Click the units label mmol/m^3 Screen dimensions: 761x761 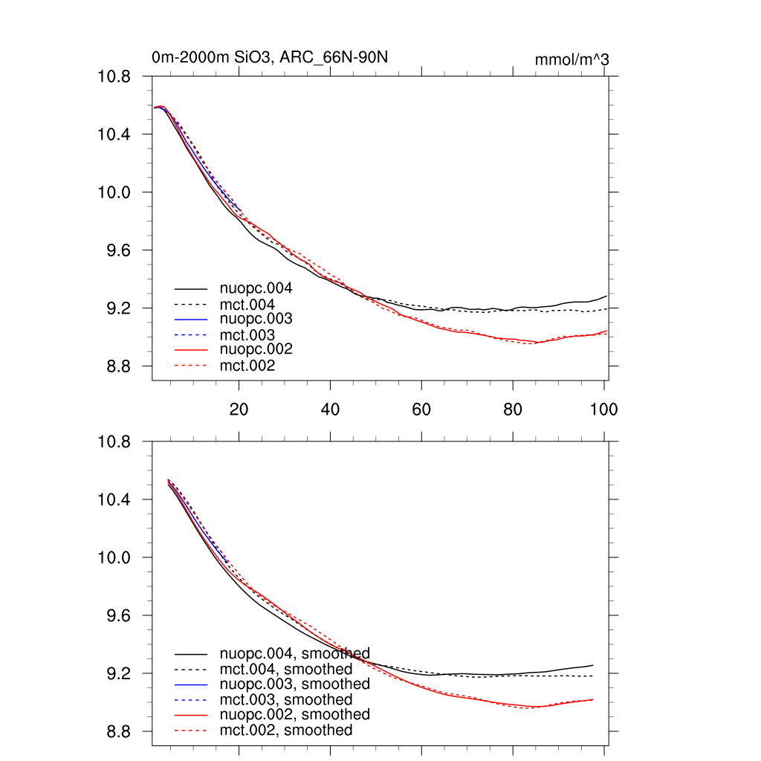(x=571, y=59)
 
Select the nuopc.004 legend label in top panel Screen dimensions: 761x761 (x=256, y=288)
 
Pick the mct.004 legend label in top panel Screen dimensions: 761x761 (x=247, y=304)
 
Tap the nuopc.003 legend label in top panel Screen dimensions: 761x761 (x=256, y=318)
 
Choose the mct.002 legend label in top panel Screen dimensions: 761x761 (x=247, y=365)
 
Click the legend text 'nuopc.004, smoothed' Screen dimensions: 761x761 (x=294, y=654)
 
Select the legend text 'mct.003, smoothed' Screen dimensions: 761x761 (x=286, y=699)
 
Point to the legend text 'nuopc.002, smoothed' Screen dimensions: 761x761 (x=294, y=714)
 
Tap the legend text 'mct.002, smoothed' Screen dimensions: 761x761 (x=286, y=731)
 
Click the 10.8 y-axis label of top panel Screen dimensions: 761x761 (x=114, y=77)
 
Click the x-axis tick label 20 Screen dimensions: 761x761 (x=239, y=409)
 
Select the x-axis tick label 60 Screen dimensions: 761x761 (x=421, y=409)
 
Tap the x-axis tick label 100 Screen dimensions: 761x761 (x=603, y=409)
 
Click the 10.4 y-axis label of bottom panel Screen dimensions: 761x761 (x=114, y=499)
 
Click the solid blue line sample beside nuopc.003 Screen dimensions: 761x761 (x=191, y=319)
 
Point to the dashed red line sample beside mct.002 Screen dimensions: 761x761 (x=191, y=366)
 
